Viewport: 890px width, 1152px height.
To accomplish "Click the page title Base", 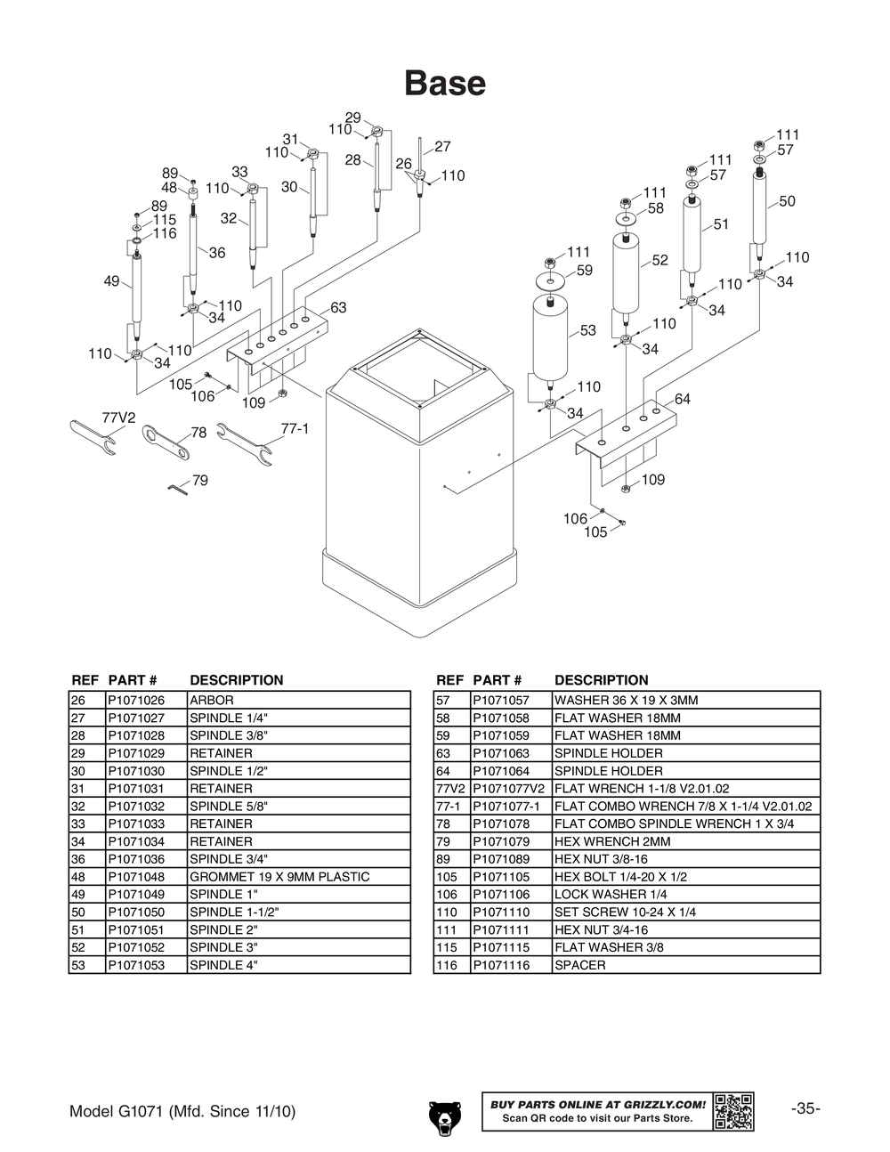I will coord(445,84).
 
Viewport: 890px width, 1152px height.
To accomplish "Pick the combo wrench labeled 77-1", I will coord(244,442).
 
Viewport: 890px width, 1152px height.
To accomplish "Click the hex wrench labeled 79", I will coord(178,488).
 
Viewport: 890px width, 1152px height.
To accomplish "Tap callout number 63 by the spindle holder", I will coord(338,308).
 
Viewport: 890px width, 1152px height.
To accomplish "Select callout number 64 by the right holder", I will coord(683,400).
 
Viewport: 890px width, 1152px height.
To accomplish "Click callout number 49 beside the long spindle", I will coord(111,281).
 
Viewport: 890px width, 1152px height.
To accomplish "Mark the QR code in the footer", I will coord(734,1111).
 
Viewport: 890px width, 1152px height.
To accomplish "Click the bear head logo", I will coord(444,1118).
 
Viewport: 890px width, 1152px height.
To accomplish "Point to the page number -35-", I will coord(805,1109).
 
